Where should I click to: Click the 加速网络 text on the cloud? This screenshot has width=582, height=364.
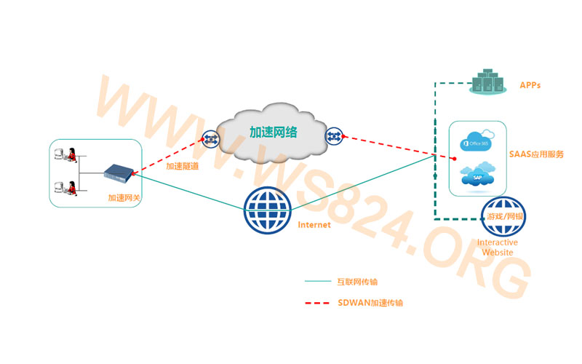pyautogui.click(x=274, y=132)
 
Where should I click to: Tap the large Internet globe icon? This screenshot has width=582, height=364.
pyautogui.click(x=268, y=211)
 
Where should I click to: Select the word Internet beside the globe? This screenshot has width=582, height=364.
pyautogui.click(x=314, y=225)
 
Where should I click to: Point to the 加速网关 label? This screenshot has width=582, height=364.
pyautogui.click(x=124, y=197)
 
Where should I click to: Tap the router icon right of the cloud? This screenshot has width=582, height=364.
pyautogui.click(x=334, y=135)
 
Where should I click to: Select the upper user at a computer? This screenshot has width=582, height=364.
pyautogui.click(x=68, y=155)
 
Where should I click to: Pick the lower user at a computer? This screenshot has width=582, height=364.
pyautogui.click(x=68, y=187)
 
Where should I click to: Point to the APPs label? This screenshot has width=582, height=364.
pyautogui.click(x=530, y=86)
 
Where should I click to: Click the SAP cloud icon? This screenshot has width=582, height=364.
pyautogui.click(x=478, y=176)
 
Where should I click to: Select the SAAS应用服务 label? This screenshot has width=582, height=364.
pyautogui.click(x=537, y=154)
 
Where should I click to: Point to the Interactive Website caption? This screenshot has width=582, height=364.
pyautogui.click(x=498, y=248)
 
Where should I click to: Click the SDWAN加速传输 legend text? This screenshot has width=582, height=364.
pyautogui.click(x=370, y=303)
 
